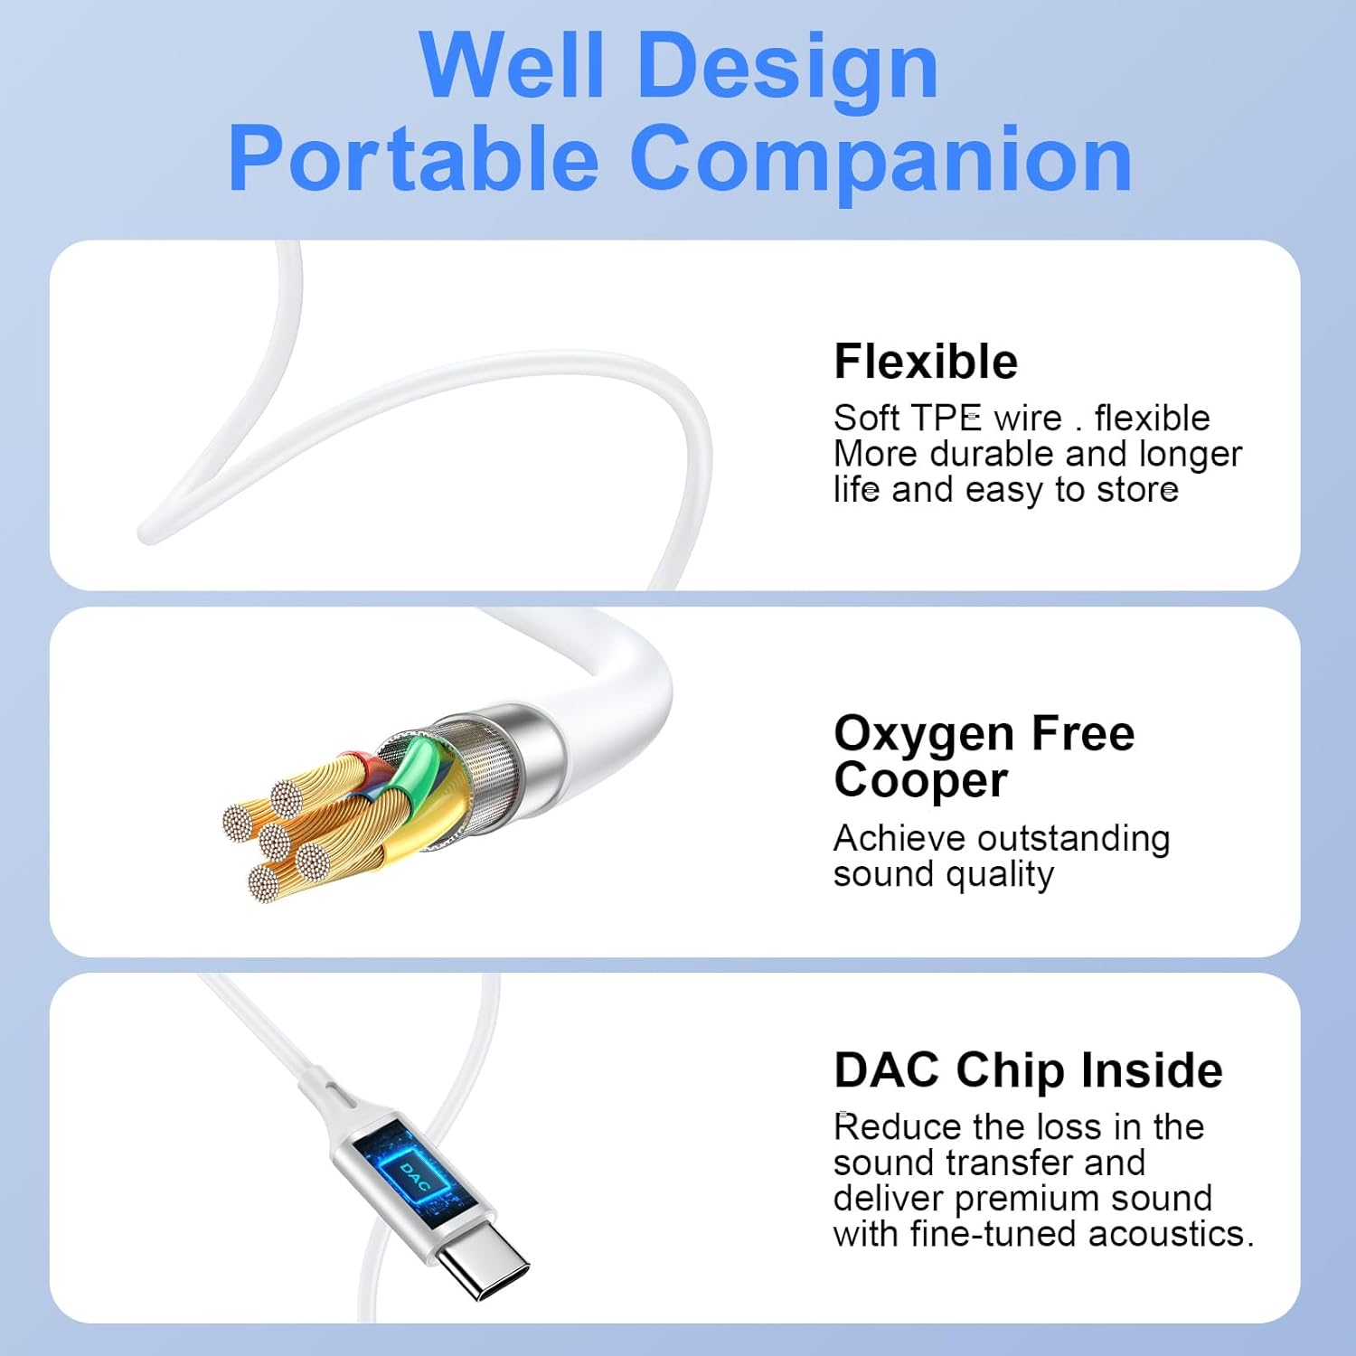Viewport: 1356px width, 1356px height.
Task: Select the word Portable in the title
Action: point(413,159)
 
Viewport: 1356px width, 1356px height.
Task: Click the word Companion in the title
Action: point(881,161)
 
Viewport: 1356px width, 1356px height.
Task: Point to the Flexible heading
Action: point(926,362)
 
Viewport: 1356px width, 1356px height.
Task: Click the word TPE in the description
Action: point(946,418)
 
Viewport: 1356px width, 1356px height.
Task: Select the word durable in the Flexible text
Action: point(993,454)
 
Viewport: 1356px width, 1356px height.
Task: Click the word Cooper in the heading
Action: point(920,780)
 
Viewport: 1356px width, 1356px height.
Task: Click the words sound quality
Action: point(944,874)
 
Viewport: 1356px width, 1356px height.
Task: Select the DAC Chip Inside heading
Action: point(1028,1070)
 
